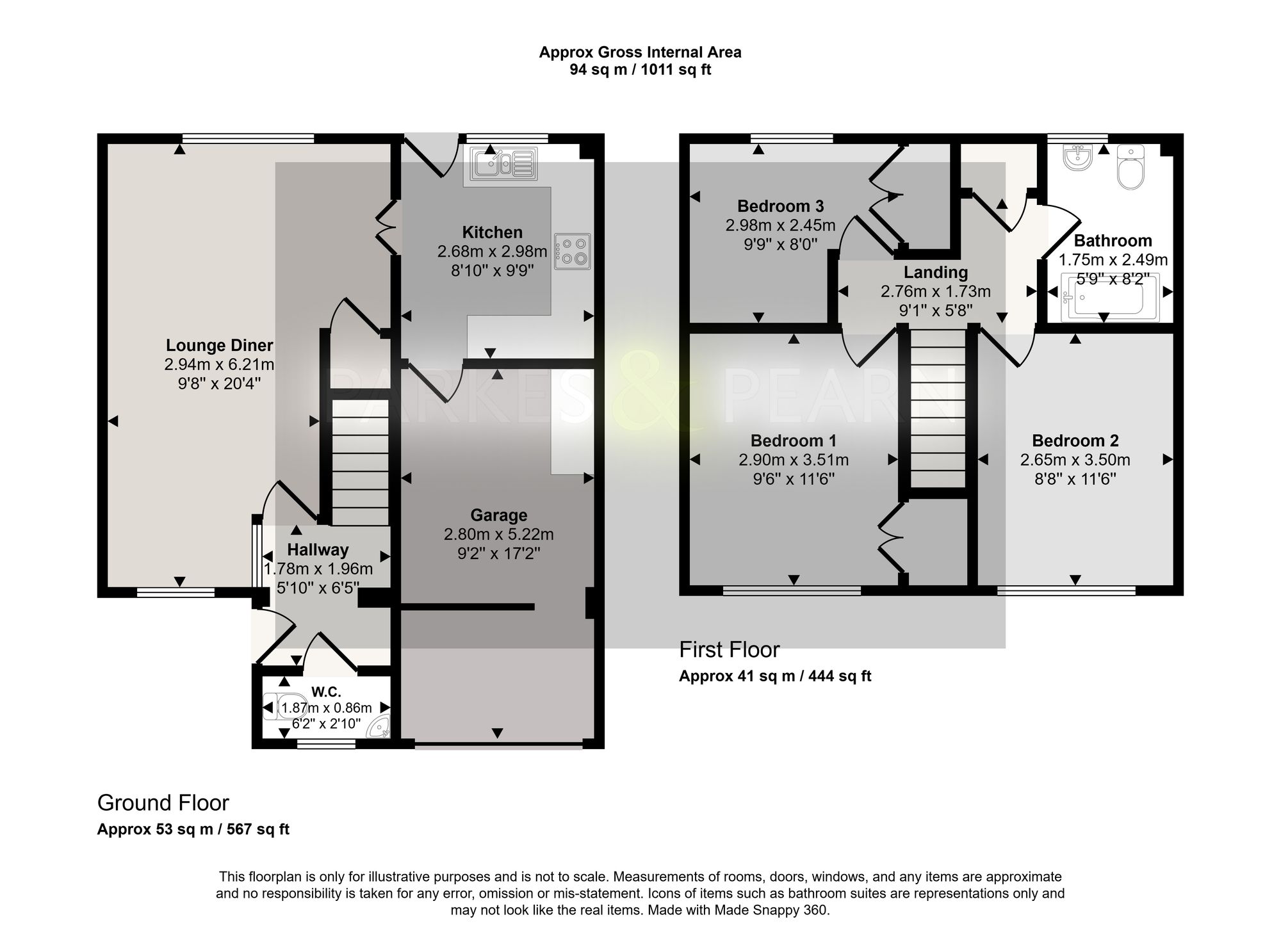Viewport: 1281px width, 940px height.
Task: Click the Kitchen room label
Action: click(492, 232)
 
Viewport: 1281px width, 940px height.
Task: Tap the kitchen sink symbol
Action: click(504, 163)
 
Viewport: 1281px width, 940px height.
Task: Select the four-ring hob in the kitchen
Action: click(573, 250)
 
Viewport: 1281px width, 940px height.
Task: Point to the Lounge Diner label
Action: click(219, 346)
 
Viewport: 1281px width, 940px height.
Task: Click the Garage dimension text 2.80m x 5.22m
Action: click(499, 535)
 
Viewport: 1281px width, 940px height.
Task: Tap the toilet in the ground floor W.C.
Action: click(287, 708)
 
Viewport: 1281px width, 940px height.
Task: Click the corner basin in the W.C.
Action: click(381, 728)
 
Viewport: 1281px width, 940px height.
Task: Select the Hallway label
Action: click(318, 550)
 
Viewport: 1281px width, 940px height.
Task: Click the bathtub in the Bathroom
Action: click(1109, 297)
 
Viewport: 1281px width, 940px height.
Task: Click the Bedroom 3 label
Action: click(780, 206)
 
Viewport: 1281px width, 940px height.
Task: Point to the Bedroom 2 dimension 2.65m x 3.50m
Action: click(1075, 460)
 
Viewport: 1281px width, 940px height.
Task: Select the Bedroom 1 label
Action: click(794, 441)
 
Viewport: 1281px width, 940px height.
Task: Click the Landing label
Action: click(936, 273)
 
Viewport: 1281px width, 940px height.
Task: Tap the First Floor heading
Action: click(729, 650)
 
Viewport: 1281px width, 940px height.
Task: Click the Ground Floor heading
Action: click(163, 803)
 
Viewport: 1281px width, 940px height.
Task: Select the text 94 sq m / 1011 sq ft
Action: click(640, 70)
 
